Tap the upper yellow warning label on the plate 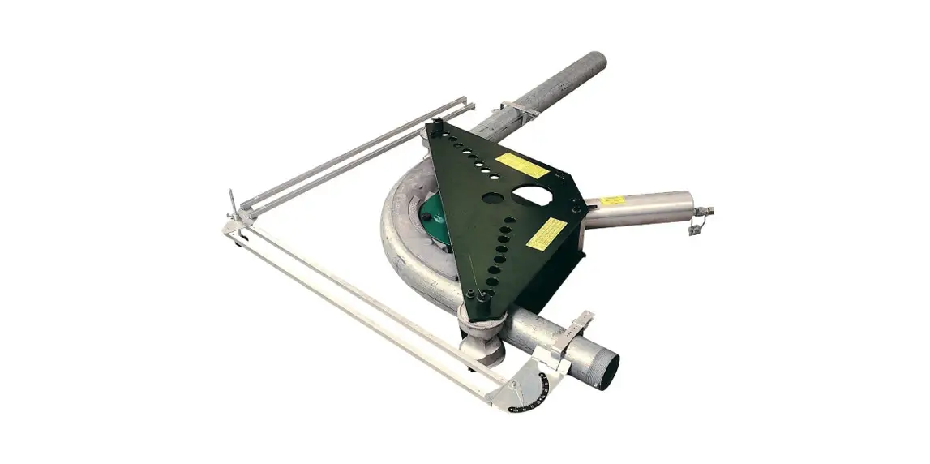point(521,165)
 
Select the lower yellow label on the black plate point(546,233)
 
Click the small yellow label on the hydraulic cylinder point(613,200)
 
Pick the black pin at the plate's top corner point(436,127)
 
